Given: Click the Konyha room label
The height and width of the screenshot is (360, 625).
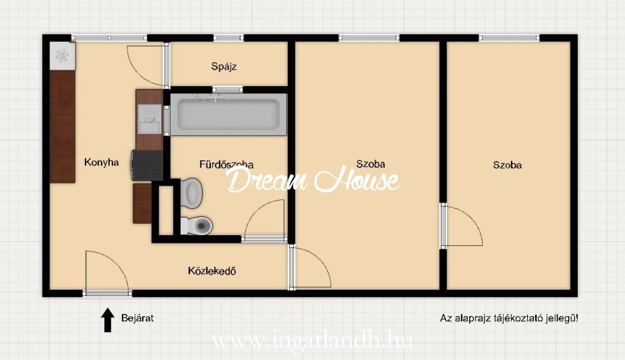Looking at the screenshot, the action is point(101,162).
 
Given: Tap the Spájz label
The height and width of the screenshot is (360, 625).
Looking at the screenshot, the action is point(223,66).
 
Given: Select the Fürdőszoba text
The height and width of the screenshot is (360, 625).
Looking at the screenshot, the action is point(226,164).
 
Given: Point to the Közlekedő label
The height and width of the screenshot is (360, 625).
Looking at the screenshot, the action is point(212,271).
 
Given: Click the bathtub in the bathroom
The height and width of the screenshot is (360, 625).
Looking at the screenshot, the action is point(228,115).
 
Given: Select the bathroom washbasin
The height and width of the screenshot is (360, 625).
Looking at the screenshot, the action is point(191,193).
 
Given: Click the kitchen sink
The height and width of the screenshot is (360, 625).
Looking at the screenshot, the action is point(150,119).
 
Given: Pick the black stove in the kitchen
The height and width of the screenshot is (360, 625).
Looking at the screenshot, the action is point(147,165).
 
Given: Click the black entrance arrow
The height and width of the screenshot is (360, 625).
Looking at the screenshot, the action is point(107,319).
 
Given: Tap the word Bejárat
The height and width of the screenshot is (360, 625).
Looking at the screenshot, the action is point(137,318).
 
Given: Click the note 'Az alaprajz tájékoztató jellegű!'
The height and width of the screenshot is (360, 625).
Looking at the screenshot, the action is point(509,318).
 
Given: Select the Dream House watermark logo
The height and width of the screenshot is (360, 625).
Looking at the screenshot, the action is point(313,180).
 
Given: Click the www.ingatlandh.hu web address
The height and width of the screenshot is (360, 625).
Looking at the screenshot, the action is point(312,341).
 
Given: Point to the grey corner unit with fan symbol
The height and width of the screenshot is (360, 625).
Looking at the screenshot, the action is point(62,56).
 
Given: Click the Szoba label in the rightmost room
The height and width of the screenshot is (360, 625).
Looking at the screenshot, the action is point(507,165).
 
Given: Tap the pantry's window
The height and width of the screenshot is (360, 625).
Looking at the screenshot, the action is point(228,38).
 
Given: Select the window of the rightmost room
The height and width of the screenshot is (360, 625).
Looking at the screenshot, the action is point(509,38).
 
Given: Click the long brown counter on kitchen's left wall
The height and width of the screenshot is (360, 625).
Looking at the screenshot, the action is point(62,127).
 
